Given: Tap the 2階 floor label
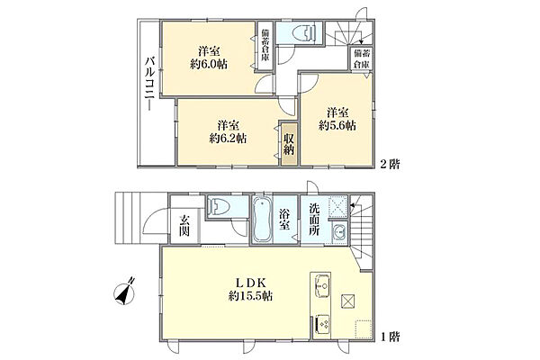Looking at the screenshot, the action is click(390, 164).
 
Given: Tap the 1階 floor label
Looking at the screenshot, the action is click(390, 337).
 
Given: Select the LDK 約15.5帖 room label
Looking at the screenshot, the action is click(250, 290).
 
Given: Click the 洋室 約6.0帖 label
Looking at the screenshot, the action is click(209, 58).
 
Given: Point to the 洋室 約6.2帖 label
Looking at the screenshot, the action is click(228, 132).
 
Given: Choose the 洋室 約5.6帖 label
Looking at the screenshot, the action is click(337, 119).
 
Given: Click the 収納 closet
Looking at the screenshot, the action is click(289, 144).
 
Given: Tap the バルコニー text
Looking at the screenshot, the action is click(149, 84).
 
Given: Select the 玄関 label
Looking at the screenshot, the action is click(184, 226).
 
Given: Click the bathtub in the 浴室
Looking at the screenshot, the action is click(263, 220).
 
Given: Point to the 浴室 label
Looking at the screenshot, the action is click(284, 220).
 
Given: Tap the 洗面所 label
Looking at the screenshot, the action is click(313, 220).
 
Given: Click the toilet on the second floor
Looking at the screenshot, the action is click(304, 33).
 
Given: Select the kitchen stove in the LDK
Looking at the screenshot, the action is click(322, 325).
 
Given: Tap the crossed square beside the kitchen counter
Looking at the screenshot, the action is click(347, 301).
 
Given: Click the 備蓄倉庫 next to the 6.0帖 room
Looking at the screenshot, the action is click(265, 46).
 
